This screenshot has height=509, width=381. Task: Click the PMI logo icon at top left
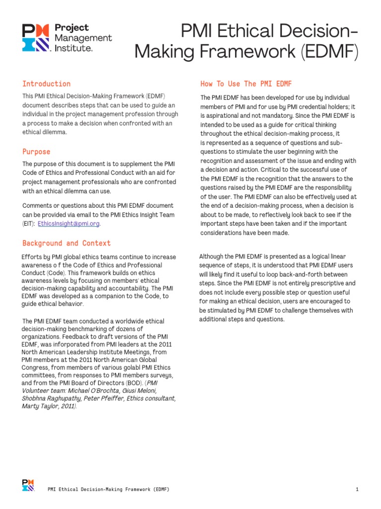[x=36, y=38]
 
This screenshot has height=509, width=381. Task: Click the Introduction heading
[x=46, y=84]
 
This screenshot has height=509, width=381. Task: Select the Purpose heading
[x=36, y=152]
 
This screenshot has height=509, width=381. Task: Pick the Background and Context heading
[x=66, y=243]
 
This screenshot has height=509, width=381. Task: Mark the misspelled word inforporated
[x=73, y=344]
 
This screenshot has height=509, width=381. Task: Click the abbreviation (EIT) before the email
[x=28, y=224]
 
